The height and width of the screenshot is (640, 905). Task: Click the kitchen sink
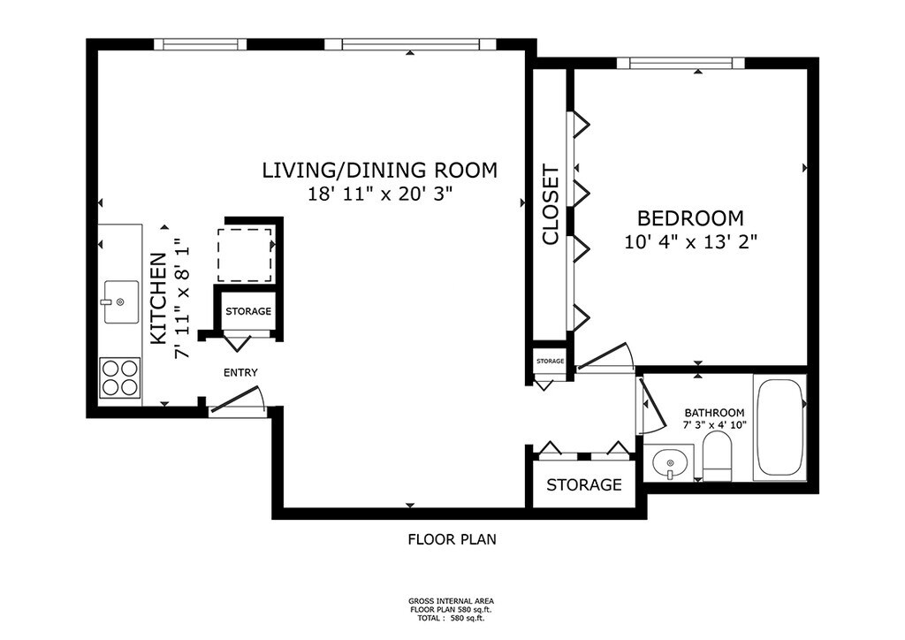point(121,301)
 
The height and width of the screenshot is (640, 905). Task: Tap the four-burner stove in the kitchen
point(120,377)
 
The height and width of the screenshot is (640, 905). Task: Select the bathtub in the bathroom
point(780,428)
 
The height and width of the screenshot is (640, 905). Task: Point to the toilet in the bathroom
point(717,456)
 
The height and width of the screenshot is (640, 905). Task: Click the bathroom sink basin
point(669,463)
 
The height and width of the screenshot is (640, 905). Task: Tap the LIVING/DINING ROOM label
point(379,171)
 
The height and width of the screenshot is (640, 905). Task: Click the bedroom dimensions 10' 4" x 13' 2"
point(690,241)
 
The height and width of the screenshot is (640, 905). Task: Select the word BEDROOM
point(690,218)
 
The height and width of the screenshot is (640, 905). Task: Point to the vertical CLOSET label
point(551,205)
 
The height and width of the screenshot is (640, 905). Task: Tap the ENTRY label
point(240,373)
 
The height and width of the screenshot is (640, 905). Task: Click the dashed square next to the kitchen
point(245,255)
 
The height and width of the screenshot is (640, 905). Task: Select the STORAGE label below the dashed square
point(248,312)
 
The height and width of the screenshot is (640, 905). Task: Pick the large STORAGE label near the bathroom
point(584,484)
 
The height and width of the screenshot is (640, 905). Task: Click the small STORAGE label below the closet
point(550,362)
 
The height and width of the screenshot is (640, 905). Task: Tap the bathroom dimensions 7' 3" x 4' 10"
point(714,425)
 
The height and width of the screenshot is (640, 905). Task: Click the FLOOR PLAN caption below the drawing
point(452,539)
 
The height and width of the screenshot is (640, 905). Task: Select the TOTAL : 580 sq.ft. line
point(452,618)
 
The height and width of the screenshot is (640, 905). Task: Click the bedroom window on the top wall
point(681,63)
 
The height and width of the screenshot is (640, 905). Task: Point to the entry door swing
point(238,400)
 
